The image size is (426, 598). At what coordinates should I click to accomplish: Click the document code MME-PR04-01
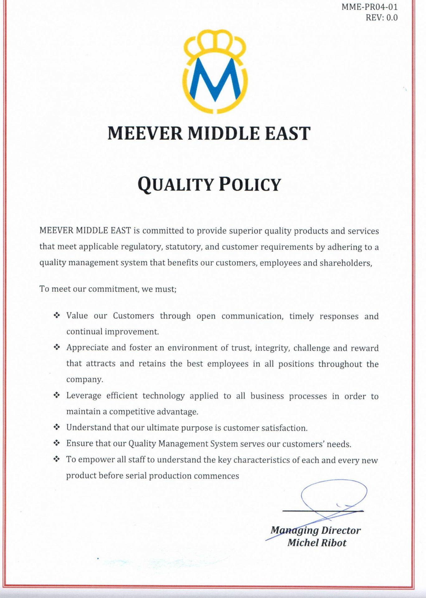point(369,7)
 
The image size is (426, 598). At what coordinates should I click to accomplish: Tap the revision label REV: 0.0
point(381,17)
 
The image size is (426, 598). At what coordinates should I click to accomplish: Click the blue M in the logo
point(215,80)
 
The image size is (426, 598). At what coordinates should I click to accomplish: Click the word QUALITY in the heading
point(175,184)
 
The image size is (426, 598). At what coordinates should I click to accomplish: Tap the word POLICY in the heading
point(250,184)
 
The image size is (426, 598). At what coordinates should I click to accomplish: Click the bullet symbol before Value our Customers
point(57,316)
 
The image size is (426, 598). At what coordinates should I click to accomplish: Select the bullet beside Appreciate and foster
point(57,347)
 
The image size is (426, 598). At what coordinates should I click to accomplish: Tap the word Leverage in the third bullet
point(83,396)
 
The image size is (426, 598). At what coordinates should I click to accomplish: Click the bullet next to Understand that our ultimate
point(57,427)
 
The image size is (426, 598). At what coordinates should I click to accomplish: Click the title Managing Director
point(315,530)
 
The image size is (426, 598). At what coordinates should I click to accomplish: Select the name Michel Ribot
point(317,543)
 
